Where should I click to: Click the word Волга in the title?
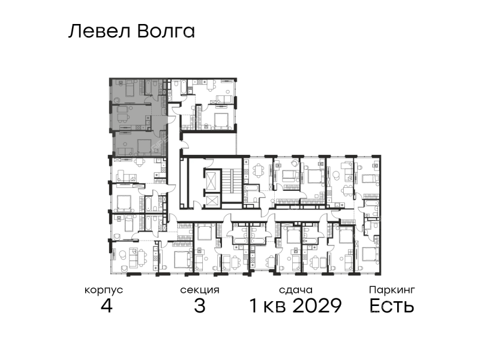[x=166, y=31]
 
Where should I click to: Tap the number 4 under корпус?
[x=106, y=305]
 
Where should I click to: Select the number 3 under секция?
[x=200, y=305]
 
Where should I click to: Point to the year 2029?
[x=317, y=305]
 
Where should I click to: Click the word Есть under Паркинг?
[x=392, y=305]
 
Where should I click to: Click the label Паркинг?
[x=392, y=290]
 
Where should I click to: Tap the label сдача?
[x=296, y=290]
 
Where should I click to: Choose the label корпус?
[x=104, y=290]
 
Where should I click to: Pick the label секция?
[x=200, y=290]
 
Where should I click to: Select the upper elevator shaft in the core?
[x=212, y=179]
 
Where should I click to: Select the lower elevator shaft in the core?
[x=212, y=200]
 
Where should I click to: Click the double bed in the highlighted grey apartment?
[x=144, y=146]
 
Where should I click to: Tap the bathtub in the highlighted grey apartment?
[x=148, y=87]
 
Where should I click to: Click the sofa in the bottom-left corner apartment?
[x=133, y=258]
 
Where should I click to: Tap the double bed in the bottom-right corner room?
[x=371, y=254]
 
